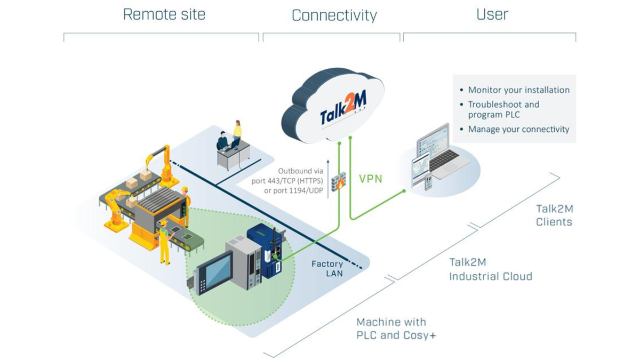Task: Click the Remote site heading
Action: (x=164, y=14)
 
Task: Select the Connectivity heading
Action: (x=334, y=15)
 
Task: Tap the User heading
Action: (x=492, y=14)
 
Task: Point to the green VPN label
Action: (x=371, y=179)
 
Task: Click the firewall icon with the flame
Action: (x=338, y=182)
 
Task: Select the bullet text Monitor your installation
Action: (x=518, y=90)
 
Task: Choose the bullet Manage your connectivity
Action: (x=518, y=129)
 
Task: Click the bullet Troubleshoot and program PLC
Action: (x=503, y=109)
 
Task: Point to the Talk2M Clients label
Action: (x=554, y=215)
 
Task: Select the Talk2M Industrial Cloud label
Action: (x=490, y=269)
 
